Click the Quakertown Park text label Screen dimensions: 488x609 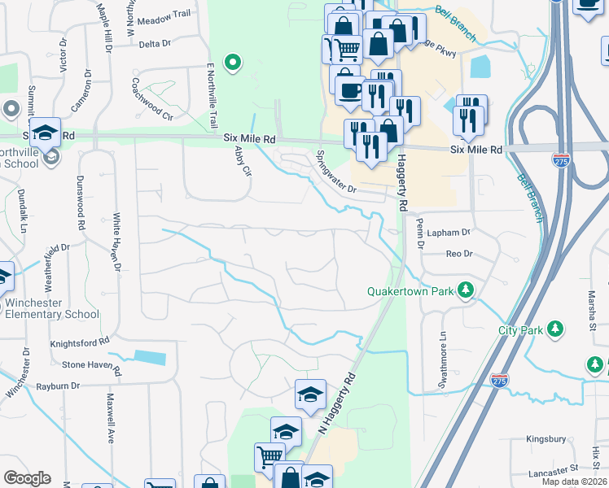[x=410, y=290]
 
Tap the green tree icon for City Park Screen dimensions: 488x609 [x=555, y=329]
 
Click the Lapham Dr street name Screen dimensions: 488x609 [x=454, y=232]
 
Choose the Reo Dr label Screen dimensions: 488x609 [x=459, y=254]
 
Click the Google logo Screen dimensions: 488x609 [x=27, y=478]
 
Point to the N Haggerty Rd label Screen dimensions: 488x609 [x=339, y=402]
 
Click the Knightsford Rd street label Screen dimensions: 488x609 [x=80, y=343]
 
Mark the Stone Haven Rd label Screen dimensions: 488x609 [x=91, y=365]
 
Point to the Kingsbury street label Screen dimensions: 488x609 [x=545, y=438]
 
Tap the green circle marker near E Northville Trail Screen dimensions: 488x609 [x=233, y=61]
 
